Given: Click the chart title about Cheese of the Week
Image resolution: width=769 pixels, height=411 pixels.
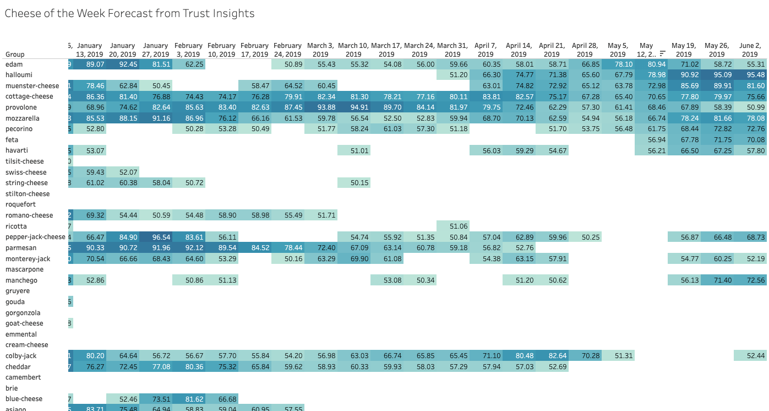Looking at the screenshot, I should point(129,13).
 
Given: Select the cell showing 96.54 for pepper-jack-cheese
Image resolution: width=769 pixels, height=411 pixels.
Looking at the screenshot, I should point(155,237).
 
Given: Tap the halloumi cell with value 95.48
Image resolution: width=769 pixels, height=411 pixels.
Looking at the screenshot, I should point(750,75).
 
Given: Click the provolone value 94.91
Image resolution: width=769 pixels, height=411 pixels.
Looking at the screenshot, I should point(353,107).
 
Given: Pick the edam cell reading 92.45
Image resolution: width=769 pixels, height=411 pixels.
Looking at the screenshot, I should point(122,64).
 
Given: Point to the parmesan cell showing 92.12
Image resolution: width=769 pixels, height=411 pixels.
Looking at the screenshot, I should point(188,248).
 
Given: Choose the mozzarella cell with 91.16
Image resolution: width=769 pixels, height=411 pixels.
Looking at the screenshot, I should point(155,118).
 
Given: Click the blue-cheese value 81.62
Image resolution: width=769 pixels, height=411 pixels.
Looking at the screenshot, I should point(188,399).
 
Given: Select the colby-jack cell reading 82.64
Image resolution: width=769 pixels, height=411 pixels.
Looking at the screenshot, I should point(552,356).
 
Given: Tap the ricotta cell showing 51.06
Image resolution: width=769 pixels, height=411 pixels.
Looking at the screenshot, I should point(452,226).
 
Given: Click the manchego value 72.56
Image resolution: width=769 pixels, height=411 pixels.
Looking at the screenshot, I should point(750,280).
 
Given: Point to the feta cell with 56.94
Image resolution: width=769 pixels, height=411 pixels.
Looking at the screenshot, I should point(651,140).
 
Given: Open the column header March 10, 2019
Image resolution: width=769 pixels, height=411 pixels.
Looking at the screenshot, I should point(353,50).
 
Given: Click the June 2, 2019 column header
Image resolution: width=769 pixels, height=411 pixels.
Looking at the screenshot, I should point(750,50).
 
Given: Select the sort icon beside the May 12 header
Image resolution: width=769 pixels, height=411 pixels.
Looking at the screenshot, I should point(662,54).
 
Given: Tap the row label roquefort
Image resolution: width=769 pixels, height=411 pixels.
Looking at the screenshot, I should point(21,204).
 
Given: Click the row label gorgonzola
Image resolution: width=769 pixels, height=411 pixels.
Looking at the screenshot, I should point(23,313).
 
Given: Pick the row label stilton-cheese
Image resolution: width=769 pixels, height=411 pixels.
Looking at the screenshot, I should point(28,194).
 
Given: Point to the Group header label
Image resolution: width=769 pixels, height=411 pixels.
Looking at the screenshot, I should point(15,55).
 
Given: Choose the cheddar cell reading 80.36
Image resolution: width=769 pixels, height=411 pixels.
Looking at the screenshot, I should point(188,367).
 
